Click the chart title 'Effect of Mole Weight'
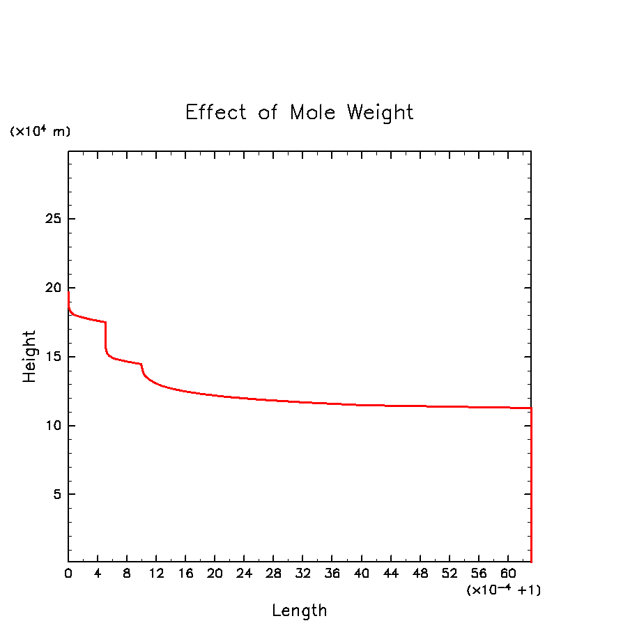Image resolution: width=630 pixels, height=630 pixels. coord(299,112)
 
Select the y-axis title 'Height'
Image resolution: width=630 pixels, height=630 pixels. coord(29,356)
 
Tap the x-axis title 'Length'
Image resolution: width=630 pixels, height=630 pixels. coord(299,611)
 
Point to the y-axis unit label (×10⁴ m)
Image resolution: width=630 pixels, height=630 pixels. coord(40,131)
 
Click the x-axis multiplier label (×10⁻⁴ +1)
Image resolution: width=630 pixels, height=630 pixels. coord(503,590)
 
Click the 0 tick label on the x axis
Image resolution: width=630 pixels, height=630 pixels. coord(68,574)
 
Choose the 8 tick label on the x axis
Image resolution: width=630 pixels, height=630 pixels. coord(127,574)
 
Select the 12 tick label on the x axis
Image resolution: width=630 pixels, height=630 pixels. coord(156,574)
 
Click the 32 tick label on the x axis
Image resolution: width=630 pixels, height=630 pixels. coord(302,574)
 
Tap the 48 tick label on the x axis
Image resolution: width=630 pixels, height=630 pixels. coord(420,574)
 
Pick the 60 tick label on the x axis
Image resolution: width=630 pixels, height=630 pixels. coord(508,574)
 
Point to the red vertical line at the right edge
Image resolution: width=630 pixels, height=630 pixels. coord(531,488)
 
